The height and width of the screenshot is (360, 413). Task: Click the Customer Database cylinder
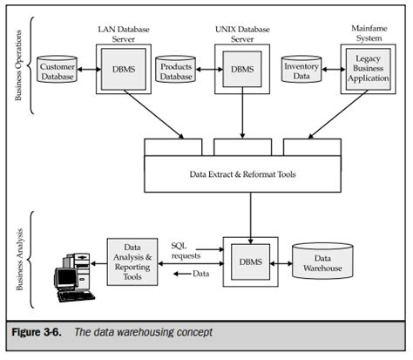(x=57, y=69)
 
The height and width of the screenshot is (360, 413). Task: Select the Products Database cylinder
(x=174, y=69)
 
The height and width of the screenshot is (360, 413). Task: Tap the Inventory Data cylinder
(x=301, y=69)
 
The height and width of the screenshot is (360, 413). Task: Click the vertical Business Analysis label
(x=18, y=262)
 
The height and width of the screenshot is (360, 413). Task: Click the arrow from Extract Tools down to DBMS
(x=249, y=214)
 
